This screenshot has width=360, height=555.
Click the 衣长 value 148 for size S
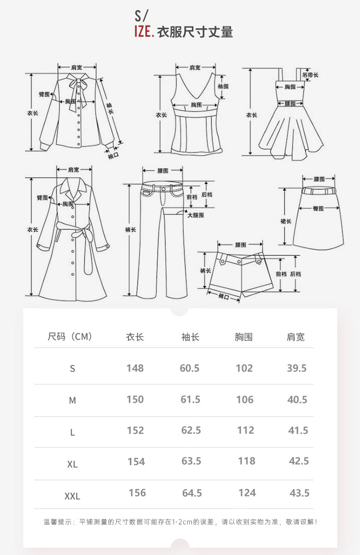[135, 368]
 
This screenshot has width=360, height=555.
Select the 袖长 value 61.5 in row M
[190, 399]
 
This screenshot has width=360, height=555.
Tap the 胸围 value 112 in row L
[245, 431]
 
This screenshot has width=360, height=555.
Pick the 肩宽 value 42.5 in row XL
[298, 461]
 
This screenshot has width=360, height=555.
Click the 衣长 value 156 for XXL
[137, 493]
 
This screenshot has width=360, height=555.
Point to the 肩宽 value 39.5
[297, 368]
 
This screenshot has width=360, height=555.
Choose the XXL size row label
[72, 496]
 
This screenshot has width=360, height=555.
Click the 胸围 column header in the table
[244, 337]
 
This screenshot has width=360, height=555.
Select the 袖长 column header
[190, 337]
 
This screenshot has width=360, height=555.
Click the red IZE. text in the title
[144, 32]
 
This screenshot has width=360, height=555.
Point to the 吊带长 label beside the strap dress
[311, 75]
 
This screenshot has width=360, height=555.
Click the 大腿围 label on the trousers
[195, 215]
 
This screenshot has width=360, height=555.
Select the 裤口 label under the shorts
[223, 297]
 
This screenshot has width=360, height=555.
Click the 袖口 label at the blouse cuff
[113, 156]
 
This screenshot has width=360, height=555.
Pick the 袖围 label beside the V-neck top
[223, 86]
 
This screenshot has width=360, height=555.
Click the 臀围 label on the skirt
[318, 208]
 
